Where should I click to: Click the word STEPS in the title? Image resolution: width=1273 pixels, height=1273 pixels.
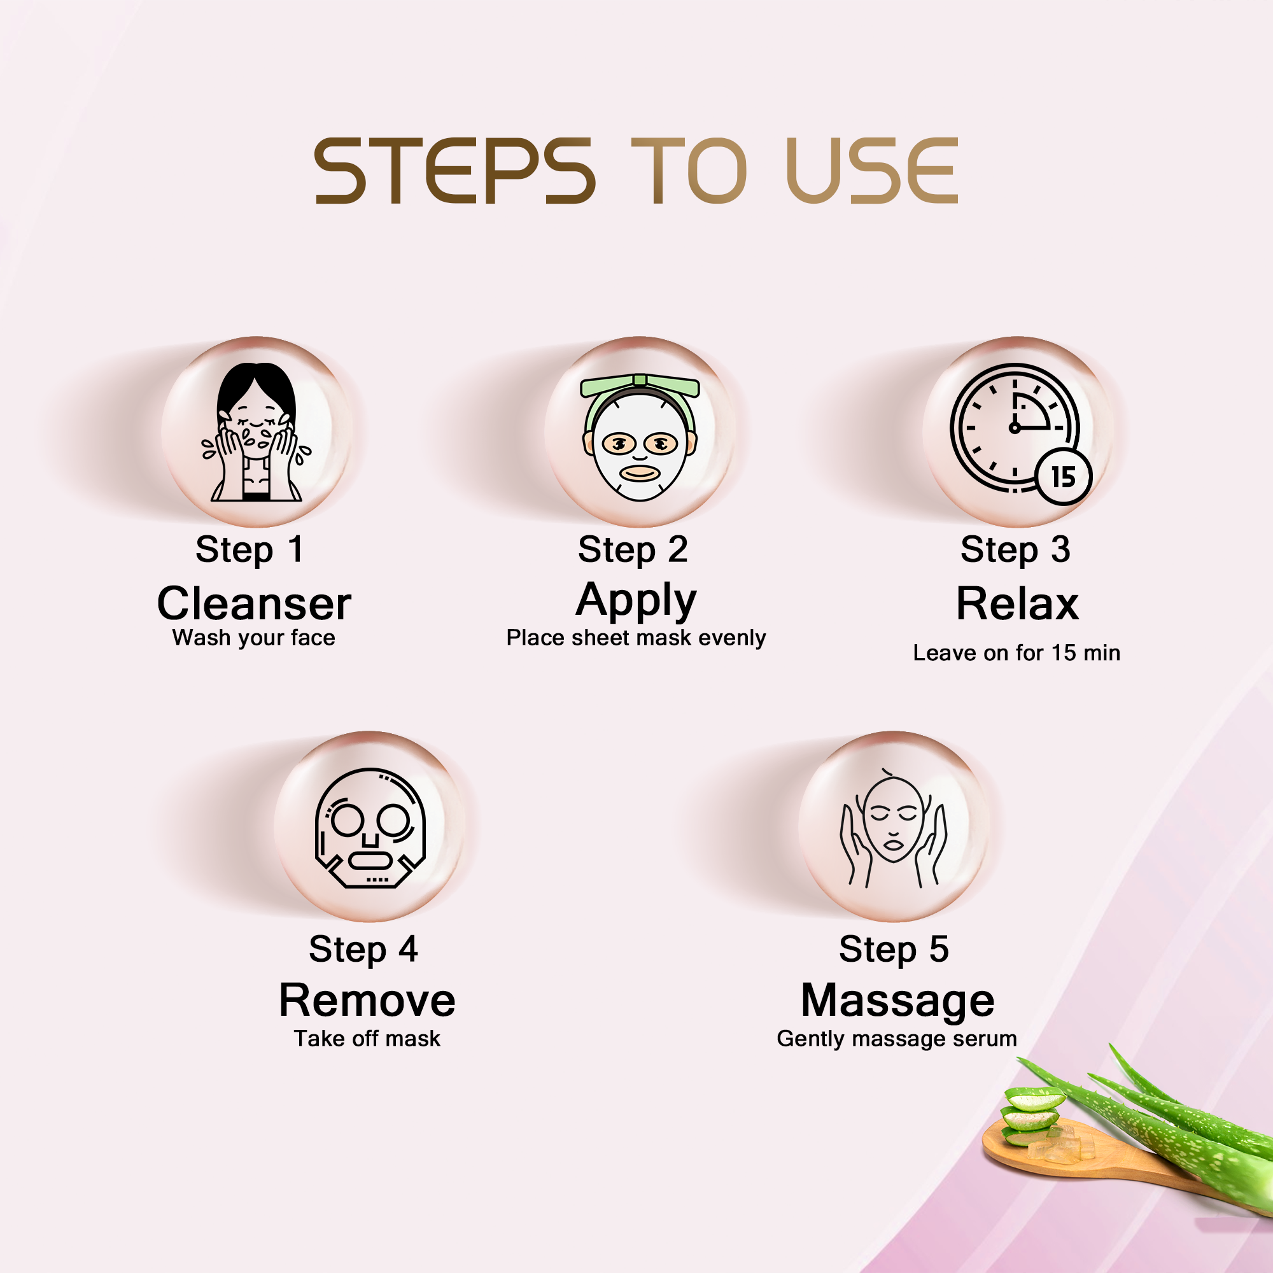tap(454, 171)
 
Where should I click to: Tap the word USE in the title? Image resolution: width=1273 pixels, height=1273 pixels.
tap(871, 171)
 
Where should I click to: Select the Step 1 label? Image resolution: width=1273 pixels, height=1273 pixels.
tap(250, 550)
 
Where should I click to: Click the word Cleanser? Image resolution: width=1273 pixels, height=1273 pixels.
tap(255, 603)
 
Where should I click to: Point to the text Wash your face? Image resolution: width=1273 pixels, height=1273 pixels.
tap(254, 638)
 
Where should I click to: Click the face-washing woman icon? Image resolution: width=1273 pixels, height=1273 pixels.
tap(257, 432)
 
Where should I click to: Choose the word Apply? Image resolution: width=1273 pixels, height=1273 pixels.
tap(636, 601)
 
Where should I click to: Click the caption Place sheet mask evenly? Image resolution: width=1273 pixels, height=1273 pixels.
tap(636, 638)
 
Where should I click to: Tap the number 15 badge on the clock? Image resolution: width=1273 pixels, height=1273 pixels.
tap(1064, 476)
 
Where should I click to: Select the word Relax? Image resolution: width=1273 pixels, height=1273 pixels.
tap(1017, 603)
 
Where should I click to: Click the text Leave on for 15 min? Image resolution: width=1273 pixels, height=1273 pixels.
tap(1016, 653)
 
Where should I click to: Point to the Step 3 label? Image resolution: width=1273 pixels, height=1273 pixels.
tap(1015, 550)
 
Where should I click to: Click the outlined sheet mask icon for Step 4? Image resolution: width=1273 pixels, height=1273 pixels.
tap(370, 827)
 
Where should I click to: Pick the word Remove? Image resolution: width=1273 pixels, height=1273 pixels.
tap(367, 1001)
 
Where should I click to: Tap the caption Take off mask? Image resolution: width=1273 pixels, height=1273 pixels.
tap(367, 1038)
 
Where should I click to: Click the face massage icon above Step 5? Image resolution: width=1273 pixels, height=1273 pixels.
tap(894, 827)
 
